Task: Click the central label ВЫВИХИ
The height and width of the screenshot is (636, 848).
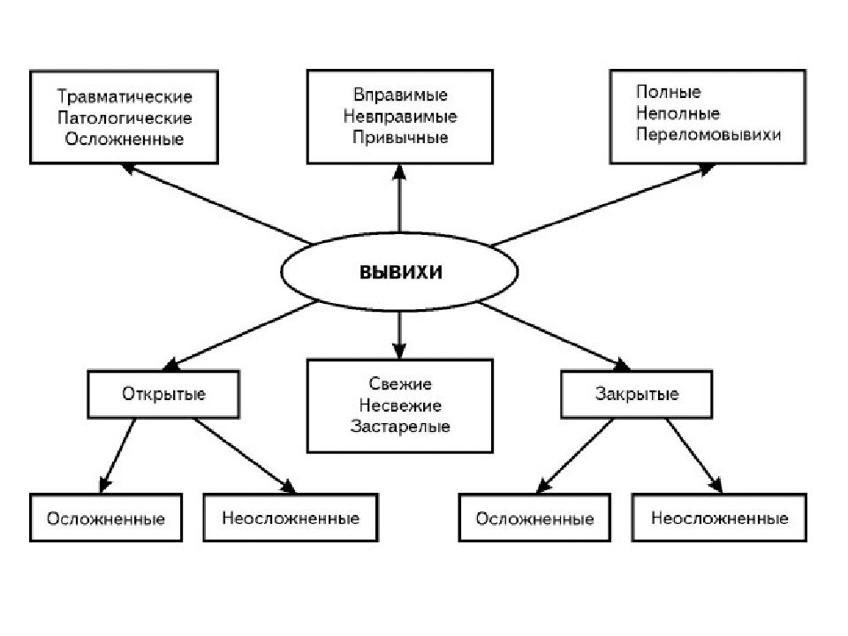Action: coord(401,271)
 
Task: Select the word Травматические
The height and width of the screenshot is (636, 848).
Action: coord(125,96)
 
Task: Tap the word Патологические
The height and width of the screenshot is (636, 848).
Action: coord(125,117)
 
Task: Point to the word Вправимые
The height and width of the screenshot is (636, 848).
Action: coord(400,95)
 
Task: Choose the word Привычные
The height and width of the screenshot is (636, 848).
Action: coord(400,137)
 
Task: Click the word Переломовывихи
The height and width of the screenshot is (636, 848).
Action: coord(708,134)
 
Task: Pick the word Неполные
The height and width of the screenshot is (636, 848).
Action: coord(678,113)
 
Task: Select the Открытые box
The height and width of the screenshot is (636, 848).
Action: coord(163,394)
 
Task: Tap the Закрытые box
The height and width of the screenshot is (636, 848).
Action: coord(637,394)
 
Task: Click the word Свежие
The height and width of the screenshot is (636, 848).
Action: coord(400,384)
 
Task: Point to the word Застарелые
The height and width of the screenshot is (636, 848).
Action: coord(400,426)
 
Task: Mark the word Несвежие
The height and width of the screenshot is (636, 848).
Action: coord(400,405)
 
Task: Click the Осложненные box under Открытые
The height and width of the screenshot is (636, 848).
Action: coord(106,518)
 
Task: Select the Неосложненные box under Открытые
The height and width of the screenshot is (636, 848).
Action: coord(291,518)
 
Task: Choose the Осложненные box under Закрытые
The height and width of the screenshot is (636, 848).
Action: coord(535,518)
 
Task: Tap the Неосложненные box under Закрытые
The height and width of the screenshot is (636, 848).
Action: coord(719,518)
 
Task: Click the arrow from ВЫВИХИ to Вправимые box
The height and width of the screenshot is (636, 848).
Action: coord(399,199)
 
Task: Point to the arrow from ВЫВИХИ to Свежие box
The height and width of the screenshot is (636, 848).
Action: coord(399,335)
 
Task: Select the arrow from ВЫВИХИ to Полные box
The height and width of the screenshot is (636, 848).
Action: coord(603,206)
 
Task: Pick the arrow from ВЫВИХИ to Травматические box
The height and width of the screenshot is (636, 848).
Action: coord(216,204)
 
